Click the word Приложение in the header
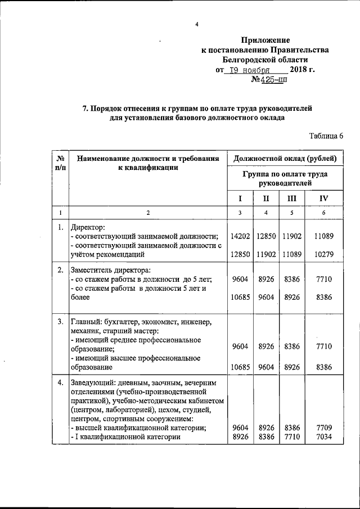pos(265,40)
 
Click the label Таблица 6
pos(326,136)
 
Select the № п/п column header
pos(60,163)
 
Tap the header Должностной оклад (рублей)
pos(285,159)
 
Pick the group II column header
pos(266,198)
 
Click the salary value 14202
pos(240,236)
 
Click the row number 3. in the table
pos(60,322)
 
